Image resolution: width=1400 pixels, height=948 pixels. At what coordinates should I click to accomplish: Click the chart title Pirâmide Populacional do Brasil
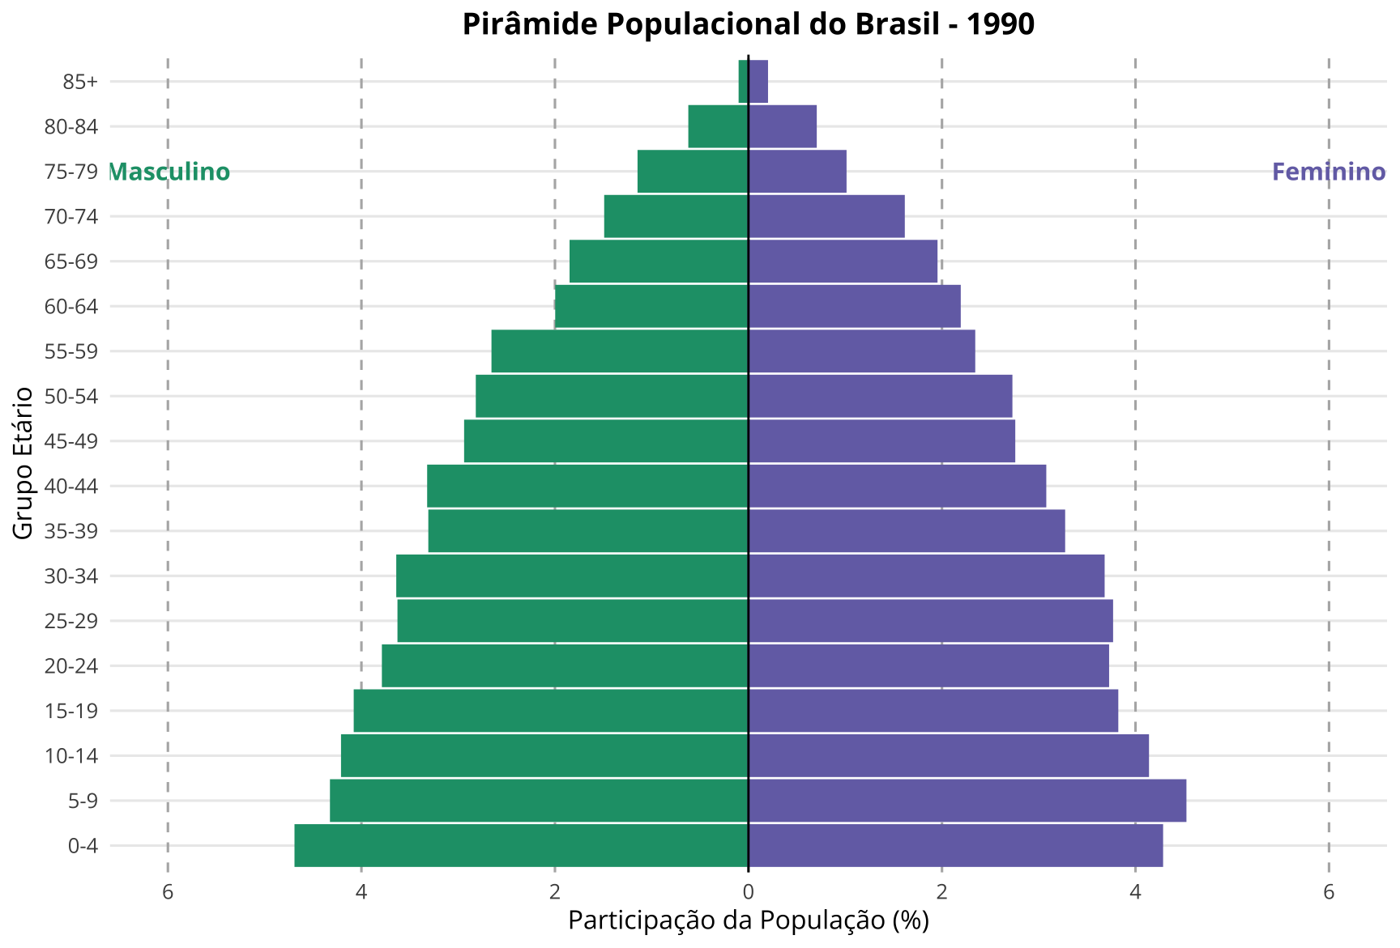pyautogui.click(x=748, y=24)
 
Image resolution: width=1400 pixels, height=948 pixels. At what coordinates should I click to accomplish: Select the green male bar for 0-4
pyautogui.click(x=521, y=845)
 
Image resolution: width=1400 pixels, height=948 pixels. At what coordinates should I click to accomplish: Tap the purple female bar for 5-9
pyautogui.click(x=967, y=801)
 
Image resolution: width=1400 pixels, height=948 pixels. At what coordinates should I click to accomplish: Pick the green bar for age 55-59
pyautogui.click(x=620, y=351)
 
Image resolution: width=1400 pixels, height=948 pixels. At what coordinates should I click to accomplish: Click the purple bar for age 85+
pyautogui.click(x=758, y=82)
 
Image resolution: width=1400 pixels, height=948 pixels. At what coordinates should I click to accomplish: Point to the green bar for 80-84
pyautogui.click(x=718, y=126)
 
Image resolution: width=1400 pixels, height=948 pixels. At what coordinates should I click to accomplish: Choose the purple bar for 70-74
pyautogui.click(x=826, y=216)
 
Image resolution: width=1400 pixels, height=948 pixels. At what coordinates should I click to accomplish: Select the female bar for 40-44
pyautogui.click(x=897, y=486)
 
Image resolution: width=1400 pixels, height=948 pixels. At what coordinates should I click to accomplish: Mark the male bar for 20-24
pyautogui.click(x=565, y=665)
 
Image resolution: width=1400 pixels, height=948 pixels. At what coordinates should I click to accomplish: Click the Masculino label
pyautogui.click(x=169, y=172)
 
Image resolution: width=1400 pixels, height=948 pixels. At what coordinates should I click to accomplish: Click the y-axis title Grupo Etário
pyautogui.click(x=24, y=463)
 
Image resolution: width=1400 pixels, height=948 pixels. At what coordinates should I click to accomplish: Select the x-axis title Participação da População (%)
pyautogui.click(x=748, y=920)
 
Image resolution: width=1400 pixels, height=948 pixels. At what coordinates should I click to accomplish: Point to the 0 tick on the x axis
pyautogui.click(x=748, y=892)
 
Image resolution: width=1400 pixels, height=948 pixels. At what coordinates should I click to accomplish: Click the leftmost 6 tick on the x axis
pyautogui.click(x=168, y=892)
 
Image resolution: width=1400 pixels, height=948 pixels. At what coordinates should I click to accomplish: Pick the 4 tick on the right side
pyautogui.click(x=1135, y=892)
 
